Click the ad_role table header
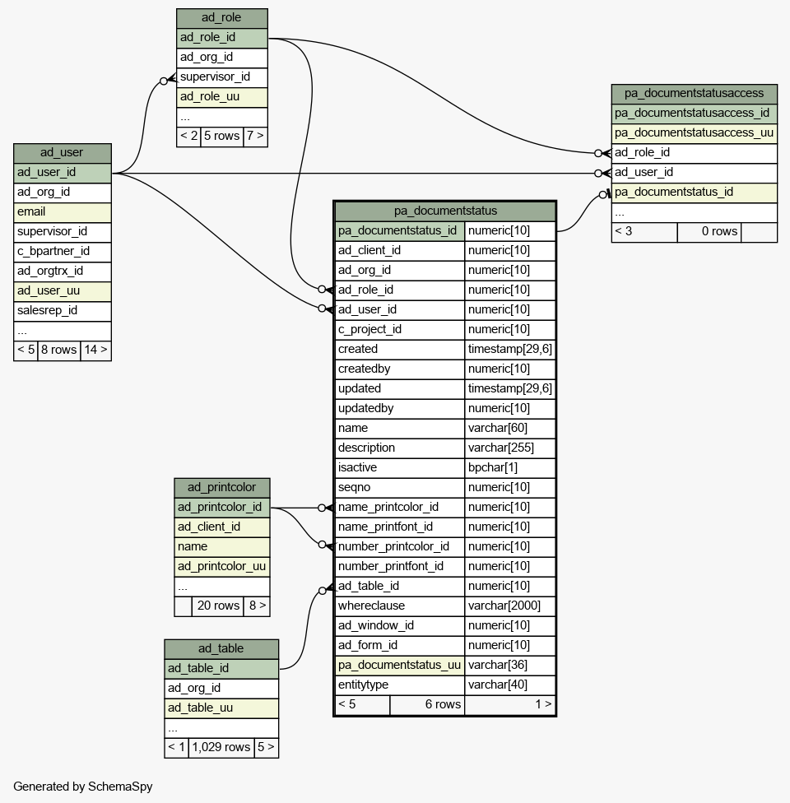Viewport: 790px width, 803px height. click(x=222, y=18)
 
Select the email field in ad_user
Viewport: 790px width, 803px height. click(x=62, y=212)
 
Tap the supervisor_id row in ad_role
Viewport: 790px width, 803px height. click(x=222, y=77)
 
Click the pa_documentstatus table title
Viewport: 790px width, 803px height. click(x=444, y=211)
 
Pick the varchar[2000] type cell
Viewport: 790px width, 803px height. click(x=509, y=606)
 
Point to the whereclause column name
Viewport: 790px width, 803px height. click(x=400, y=606)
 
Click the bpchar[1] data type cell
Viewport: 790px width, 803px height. click(x=509, y=467)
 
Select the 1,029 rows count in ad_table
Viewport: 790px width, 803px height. click(x=221, y=747)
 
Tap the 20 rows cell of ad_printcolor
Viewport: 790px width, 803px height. click(x=218, y=606)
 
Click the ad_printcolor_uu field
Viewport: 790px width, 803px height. click(x=222, y=566)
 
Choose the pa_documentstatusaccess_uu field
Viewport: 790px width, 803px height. click(x=695, y=133)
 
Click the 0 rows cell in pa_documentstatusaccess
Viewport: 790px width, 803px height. click(x=709, y=231)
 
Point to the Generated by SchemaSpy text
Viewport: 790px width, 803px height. click(x=83, y=787)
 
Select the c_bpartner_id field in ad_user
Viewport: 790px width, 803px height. click(x=62, y=252)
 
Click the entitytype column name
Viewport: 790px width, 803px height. click(x=400, y=685)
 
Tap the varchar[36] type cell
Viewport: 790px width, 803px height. click(x=509, y=666)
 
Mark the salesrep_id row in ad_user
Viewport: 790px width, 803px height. click(x=62, y=311)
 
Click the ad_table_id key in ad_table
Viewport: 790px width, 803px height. click(x=221, y=669)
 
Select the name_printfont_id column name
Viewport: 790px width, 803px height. click(x=400, y=527)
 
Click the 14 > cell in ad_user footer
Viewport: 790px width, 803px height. click(x=95, y=350)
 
